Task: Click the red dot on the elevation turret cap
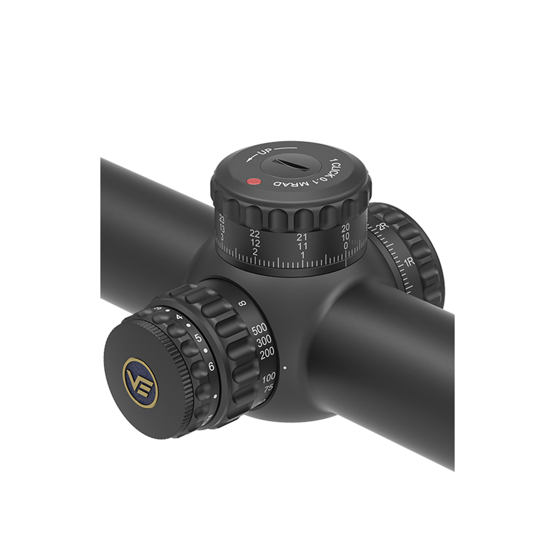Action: point(252,182)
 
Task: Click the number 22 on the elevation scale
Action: point(255,234)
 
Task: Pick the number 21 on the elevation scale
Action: point(302,236)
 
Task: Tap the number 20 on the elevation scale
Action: point(345,228)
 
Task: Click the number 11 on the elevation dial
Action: point(302,246)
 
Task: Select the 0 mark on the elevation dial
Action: point(346,246)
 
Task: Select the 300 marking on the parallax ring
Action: point(264,342)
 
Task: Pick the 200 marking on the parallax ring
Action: point(267,353)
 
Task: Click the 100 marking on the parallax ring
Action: point(269,376)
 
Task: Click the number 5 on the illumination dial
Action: point(198,338)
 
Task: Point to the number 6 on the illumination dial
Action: point(211,367)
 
